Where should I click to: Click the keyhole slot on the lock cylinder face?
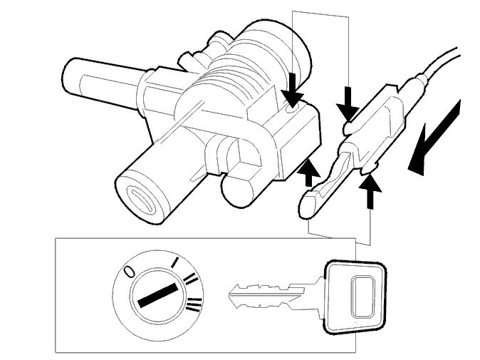142,200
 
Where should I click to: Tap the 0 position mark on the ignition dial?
129,271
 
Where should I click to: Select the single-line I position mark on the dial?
174,262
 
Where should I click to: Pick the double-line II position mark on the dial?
191,279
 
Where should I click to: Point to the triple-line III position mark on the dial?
194,304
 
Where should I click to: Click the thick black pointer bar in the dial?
158,295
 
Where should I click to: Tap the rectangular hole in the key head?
362,297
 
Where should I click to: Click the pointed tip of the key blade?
229,294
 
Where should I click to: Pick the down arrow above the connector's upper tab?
348,103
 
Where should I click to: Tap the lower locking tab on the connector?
369,168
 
